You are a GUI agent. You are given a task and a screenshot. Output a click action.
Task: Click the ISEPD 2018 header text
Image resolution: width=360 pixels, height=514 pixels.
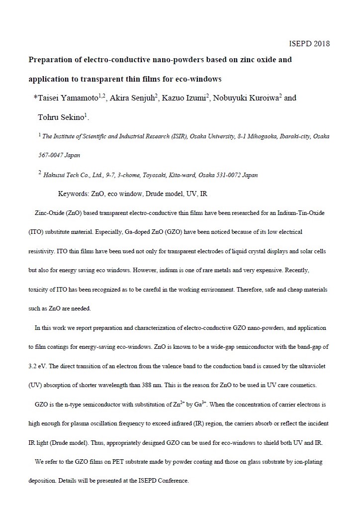pos(309,43)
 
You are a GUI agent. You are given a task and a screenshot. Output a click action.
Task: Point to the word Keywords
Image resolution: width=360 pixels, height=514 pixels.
pos(74,193)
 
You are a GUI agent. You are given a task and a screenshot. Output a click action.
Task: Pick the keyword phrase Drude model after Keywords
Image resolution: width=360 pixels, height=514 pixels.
pos(166,193)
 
